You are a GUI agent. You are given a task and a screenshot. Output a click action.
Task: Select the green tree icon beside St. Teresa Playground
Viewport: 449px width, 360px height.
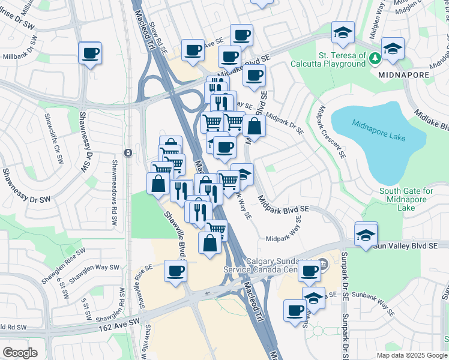pos(375,58)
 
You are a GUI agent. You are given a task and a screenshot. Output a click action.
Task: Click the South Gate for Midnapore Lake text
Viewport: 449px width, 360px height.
pos(406,199)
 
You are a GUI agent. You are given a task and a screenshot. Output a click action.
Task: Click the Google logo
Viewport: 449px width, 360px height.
pos(20,353)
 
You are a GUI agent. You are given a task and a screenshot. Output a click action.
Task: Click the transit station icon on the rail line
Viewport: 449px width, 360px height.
pos(127,152)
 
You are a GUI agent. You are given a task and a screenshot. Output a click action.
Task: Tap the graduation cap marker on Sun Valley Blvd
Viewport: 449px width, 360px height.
pos(366,233)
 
